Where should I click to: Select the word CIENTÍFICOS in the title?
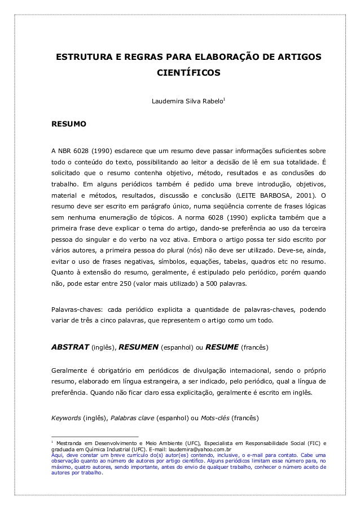(188, 74)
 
